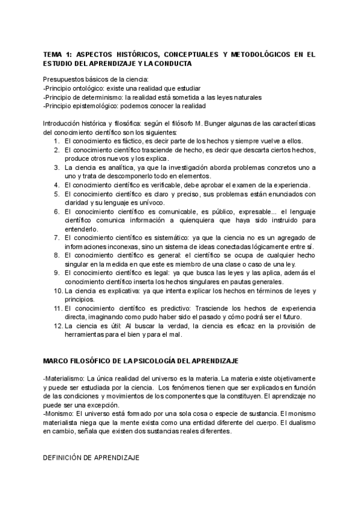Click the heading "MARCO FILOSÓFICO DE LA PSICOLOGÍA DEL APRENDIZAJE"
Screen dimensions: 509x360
[141, 361]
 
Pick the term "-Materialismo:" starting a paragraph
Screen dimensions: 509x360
[64, 379]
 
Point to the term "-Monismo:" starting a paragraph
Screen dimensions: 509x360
[59, 414]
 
